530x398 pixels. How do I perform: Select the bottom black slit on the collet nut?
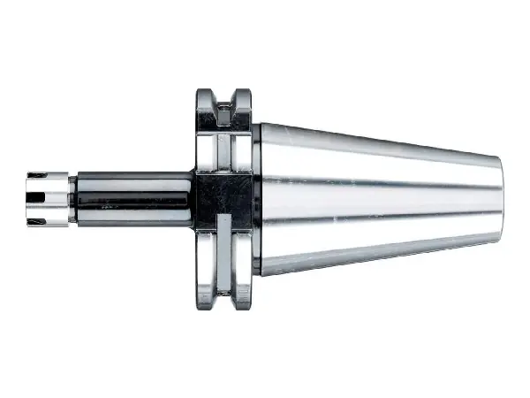[x=39, y=212]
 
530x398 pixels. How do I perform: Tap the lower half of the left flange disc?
[x=205, y=256]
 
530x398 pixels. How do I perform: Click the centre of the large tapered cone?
[x=380, y=196]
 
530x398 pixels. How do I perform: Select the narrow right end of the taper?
[x=496, y=195]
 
